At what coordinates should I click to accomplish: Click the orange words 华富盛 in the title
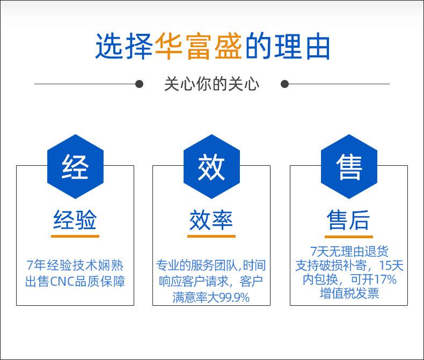point(199,46)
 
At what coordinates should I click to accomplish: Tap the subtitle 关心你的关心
point(211,84)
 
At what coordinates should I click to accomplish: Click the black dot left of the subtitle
point(139,84)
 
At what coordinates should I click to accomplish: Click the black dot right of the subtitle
point(285,84)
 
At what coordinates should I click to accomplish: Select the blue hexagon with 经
point(76,166)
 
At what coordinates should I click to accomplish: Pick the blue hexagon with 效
point(211,166)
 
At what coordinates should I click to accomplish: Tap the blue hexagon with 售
point(349,166)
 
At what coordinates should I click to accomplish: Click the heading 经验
point(75,220)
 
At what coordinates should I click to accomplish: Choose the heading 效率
point(211,220)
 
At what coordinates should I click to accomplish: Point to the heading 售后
point(348,220)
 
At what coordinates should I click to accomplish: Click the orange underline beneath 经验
point(75,236)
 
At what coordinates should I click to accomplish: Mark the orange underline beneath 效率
point(211,236)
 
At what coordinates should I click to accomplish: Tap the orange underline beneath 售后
point(349,237)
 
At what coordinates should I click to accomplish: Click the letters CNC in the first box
point(62,282)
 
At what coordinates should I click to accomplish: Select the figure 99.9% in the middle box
point(234,298)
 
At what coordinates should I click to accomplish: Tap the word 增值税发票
point(349,293)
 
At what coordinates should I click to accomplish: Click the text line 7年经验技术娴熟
point(75,265)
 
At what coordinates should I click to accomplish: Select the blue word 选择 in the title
point(124,46)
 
